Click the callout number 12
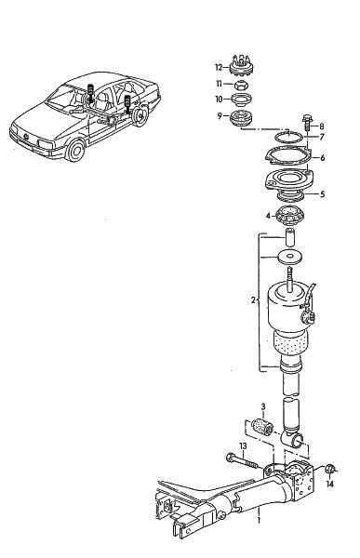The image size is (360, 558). coord(219,67)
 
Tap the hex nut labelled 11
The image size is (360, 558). coord(242,85)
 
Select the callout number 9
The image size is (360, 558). coord(220,115)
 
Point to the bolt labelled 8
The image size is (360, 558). coord(307,125)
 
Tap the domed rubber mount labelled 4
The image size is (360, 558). coord(291,217)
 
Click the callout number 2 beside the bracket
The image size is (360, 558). coord(253,300)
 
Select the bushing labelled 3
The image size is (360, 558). coord(262,427)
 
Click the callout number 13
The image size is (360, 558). coord(243,446)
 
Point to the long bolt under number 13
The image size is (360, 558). coord(242,461)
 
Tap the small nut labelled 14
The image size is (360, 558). coord(330,470)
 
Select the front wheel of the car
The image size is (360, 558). coord(76,150)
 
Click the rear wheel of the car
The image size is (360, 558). coord(140,115)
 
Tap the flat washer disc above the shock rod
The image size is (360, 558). coord(290,257)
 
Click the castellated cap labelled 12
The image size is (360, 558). coord(241,65)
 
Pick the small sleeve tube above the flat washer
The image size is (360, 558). coord(290,237)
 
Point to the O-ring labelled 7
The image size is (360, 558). coord(288,137)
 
